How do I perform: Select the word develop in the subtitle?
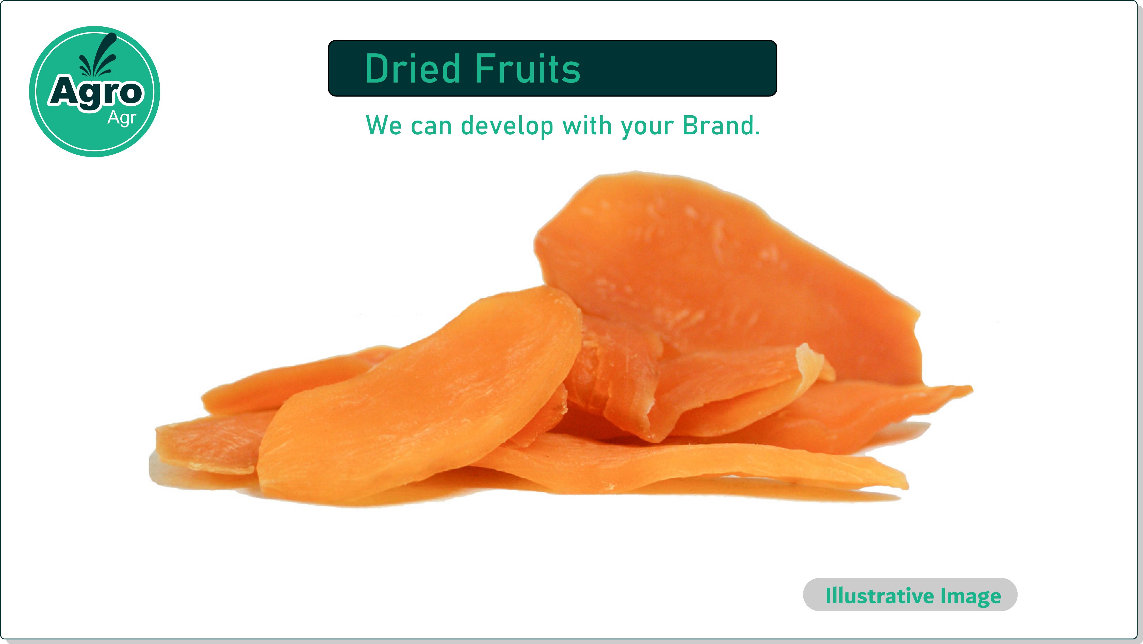[x=507, y=126]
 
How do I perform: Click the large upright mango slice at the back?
[x=728, y=275]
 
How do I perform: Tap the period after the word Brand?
[x=757, y=133]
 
